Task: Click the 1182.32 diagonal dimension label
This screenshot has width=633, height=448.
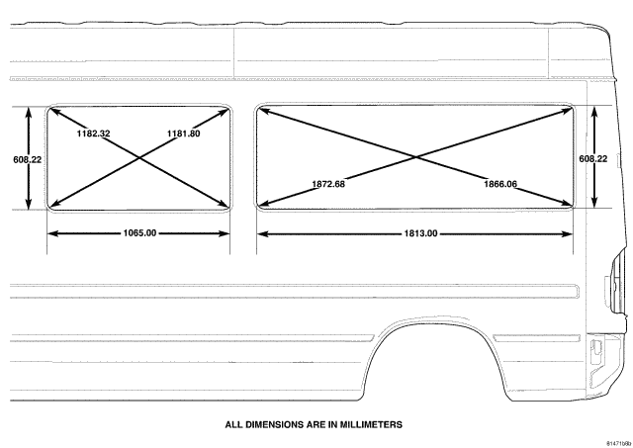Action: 93,134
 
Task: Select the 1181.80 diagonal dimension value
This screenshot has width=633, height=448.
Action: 183,134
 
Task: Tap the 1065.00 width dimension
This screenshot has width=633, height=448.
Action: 139,232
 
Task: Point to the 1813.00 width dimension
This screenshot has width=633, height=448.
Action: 420,233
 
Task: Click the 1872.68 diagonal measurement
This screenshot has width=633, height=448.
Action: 328,184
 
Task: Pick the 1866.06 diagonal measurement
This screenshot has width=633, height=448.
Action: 500,184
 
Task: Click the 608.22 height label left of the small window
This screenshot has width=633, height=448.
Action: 27,159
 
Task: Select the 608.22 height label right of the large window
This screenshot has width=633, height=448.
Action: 593,159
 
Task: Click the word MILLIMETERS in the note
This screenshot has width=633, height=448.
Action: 371,424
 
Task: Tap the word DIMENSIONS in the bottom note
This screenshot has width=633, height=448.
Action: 270,424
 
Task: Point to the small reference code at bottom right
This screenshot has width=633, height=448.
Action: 619,443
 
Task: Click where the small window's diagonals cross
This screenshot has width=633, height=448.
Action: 139,157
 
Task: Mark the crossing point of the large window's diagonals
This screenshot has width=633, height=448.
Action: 415,156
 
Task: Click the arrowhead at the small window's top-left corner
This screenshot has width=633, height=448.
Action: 53,111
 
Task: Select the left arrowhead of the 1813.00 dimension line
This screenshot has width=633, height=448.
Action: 262,233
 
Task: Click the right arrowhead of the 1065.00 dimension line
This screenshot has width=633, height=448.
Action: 225,233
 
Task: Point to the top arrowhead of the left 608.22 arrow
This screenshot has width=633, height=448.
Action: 29,113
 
